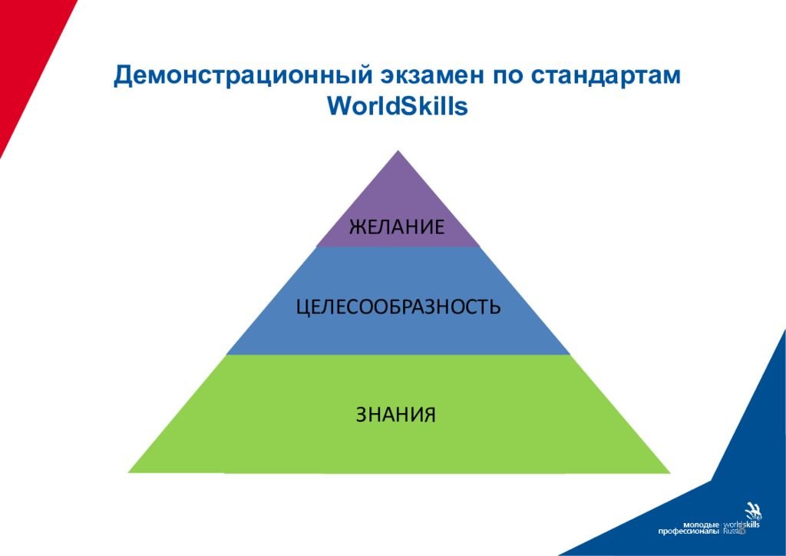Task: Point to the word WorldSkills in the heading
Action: (398, 106)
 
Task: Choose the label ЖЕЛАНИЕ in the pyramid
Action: (397, 227)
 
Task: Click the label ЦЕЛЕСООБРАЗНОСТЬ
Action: (398, 306)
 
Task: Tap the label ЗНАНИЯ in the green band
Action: (396, 415)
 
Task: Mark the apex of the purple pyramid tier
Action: (398, 151)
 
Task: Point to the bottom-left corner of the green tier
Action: (128, 472)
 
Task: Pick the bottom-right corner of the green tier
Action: (670, 472)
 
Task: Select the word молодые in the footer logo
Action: (701, 525)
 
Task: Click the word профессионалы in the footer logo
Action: (689, 531)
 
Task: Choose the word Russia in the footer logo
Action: (735, 531)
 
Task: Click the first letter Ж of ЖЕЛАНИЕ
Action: (356, 227)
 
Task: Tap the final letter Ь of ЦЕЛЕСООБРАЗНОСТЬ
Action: (495, 306)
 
